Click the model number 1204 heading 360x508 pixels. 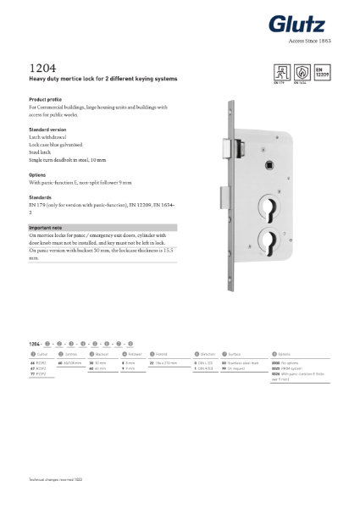click(x=40, y=67)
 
